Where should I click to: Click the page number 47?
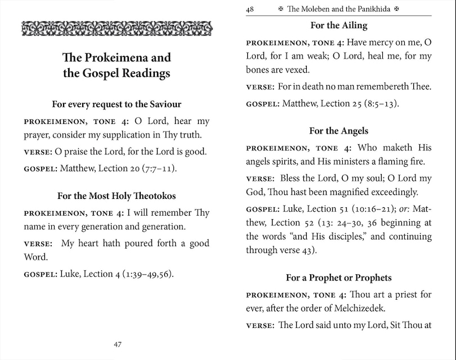117,345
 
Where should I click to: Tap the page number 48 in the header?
250,8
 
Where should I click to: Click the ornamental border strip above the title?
117,28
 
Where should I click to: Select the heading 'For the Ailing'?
338,25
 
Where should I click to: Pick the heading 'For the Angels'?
338,131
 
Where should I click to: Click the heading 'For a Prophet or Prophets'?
338,278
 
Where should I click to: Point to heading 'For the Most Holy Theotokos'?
117,196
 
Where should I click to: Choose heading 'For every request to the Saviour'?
117,104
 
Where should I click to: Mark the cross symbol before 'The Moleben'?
281,9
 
